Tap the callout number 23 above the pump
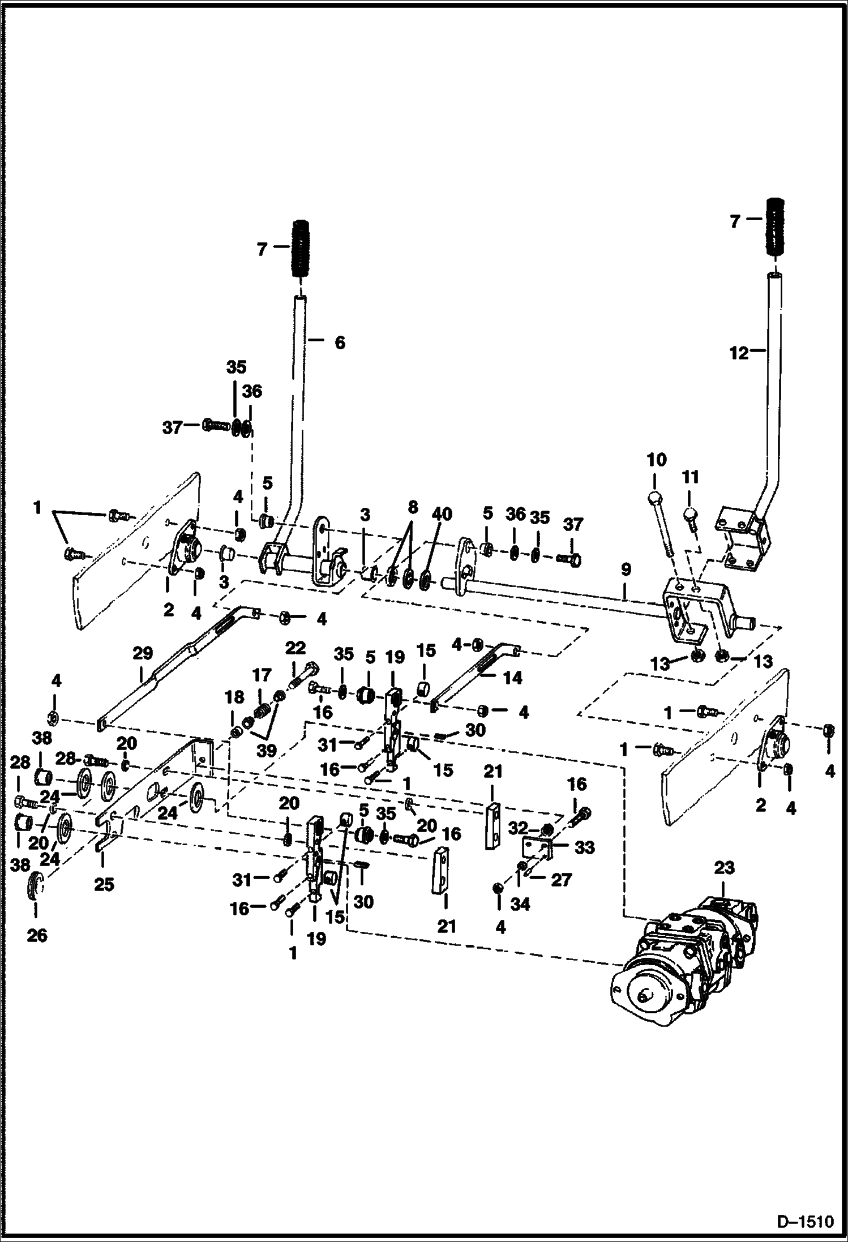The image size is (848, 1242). (724, 867)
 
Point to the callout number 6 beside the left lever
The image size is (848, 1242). (339, 342)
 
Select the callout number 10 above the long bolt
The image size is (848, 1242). (656, 460)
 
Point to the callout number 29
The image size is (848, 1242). (143, 653)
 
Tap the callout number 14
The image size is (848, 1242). (512, 677)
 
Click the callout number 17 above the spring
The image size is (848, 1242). (262, 675)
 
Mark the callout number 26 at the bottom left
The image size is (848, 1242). (37, 935)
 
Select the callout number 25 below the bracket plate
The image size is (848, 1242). (104, 884)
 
